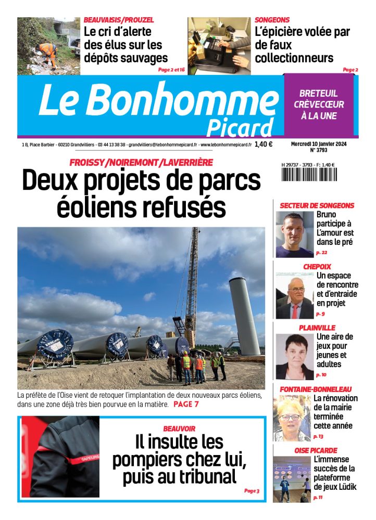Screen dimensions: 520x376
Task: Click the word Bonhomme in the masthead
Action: point(187,100)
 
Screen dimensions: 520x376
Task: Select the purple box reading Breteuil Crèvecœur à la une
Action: point(319,105)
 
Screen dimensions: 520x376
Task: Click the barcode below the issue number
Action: point(308,174)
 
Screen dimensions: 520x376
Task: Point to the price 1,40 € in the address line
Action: point(264,145)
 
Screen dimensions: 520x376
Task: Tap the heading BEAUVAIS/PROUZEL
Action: point(119,20)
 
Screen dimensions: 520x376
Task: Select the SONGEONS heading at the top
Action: point(272,20)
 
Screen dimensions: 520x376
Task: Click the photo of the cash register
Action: point(219,46)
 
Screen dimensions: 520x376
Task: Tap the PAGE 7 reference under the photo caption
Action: point(186,404)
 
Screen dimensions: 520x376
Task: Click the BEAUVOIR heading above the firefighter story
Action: point(179,428)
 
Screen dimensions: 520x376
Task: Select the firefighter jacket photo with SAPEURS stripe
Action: point(60,458)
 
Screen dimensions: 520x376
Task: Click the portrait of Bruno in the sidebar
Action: point(294,234)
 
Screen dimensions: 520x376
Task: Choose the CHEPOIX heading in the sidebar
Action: point(317,267)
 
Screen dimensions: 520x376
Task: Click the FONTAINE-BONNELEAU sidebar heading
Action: point(316,389)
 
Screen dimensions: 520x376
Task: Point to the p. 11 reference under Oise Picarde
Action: point(318,498)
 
